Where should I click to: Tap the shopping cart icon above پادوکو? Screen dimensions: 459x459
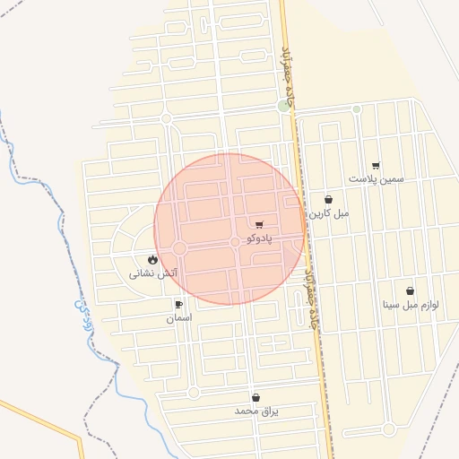pos(259,225)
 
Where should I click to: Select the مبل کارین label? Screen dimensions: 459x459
pos(329,214)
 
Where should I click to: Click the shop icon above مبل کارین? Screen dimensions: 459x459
pos(328,201)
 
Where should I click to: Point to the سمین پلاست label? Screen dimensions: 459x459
pos(377,179)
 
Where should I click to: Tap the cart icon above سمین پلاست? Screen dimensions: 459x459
pos(376,165)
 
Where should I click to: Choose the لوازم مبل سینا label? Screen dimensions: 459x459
pos(411,305)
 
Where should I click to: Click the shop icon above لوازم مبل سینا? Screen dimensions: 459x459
pos(410,291)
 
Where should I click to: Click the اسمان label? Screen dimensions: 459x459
pos(178,318)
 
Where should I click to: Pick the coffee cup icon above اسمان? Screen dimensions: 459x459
pos(178,305)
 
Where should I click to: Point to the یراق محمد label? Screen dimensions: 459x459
pos(257,411)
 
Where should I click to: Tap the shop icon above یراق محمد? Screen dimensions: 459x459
pos(256,397)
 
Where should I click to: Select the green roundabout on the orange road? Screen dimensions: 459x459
pos(284,107)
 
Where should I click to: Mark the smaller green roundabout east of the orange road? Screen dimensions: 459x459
pos(357,109)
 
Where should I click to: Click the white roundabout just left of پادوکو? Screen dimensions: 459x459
pos(235,242)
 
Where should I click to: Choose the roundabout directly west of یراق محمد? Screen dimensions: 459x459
pos(193,393)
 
